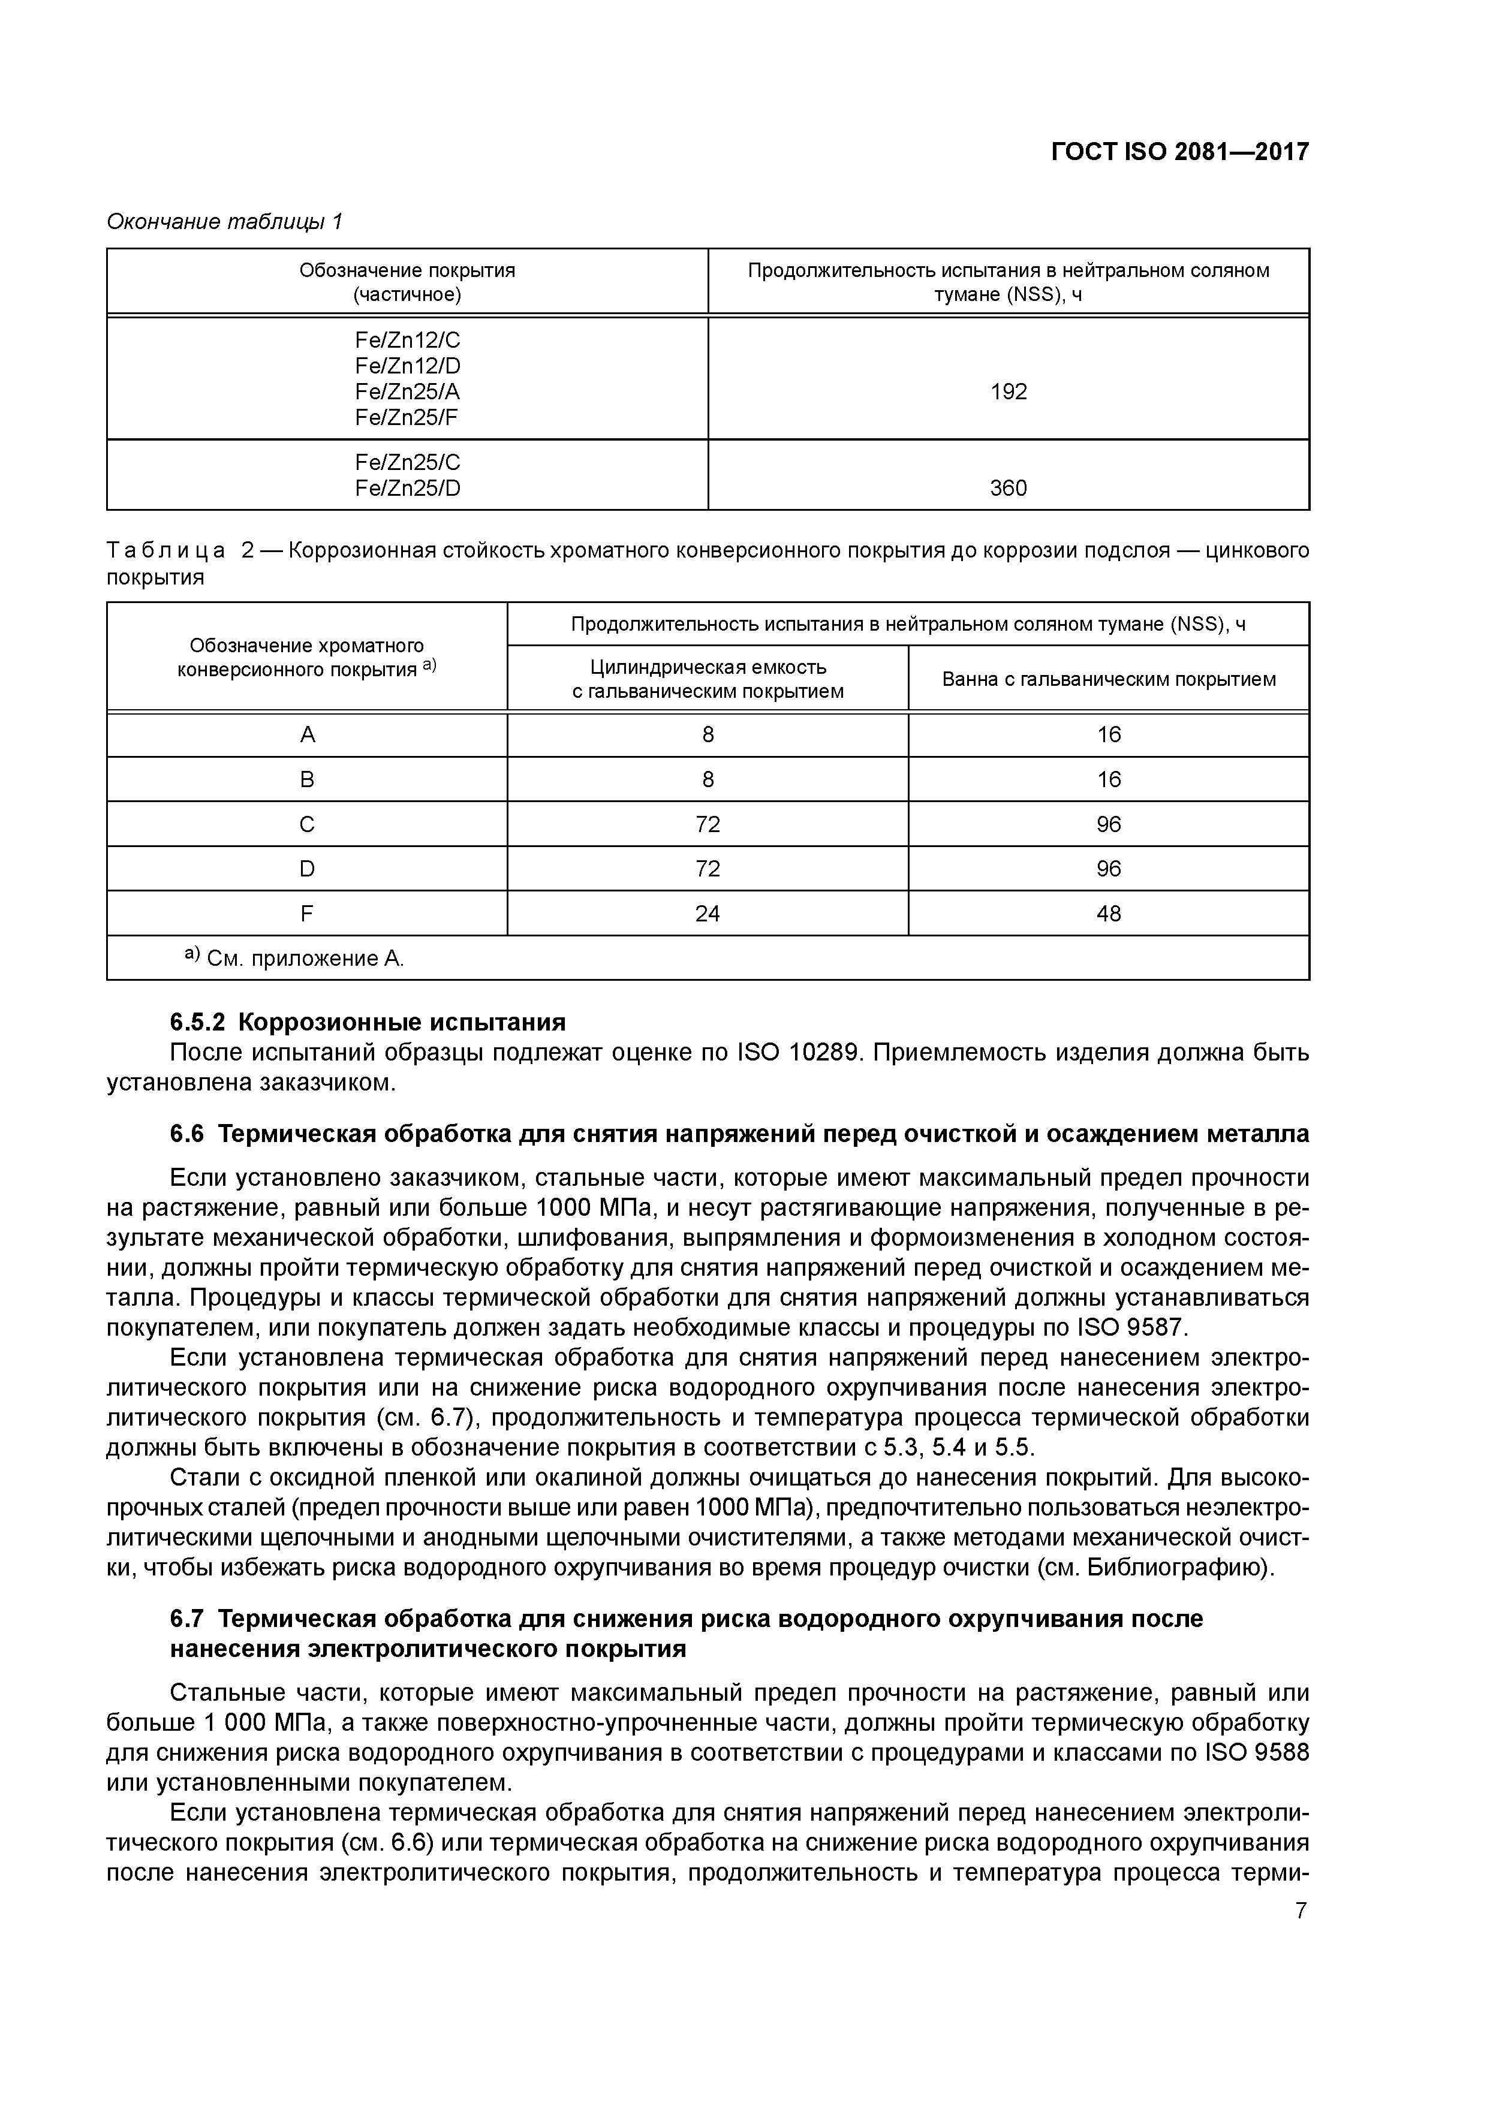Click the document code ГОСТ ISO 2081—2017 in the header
[x=1179, y=151]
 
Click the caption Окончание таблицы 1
[x=224, y=222]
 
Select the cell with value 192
[x=1008, y=392]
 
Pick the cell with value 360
[x=1008, y=488]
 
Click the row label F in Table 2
[x=307, y=913]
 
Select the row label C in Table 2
[x=307, y=824]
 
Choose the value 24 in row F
[x=708, y=913]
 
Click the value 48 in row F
[x=1109, y=913]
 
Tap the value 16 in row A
[x=1109, y=734]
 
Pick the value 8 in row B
[x=708, y=779]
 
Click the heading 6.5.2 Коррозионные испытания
[x=368, y=1022]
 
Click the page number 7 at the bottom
[x=1301, y=1911]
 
